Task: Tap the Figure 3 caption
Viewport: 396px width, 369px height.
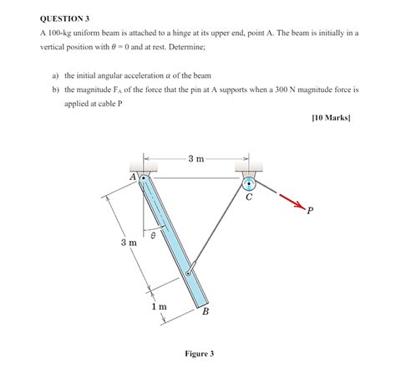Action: pyautogui.click(x=199, y=353)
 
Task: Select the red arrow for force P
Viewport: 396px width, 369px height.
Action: pyautogui.click(x=290, y=200)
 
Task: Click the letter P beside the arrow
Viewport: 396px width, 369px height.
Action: pyautogui.click(x=310, y=210)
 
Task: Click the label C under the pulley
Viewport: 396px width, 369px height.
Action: pyautogui.click(x=248, y=199)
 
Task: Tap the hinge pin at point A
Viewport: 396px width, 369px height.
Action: pyautogui.click(x=145, y=178)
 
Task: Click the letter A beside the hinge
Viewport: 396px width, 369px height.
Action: pyautogui.click(x=133, y=178)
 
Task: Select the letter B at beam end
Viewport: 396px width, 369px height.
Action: pyautogui.click(x=206, y=311)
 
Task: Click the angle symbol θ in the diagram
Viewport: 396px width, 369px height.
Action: pyautogui.click(x=154, y=236)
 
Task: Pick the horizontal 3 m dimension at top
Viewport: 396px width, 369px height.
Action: pyautogui.click(x=195, y=157)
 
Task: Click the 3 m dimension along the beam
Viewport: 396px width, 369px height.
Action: pyautogui.click(x=127, y=243)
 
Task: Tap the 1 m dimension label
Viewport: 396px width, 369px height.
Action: pyautogui.click(x=159, y=307)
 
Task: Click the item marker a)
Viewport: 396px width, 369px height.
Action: pyautogui.click(x=55, y=74)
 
